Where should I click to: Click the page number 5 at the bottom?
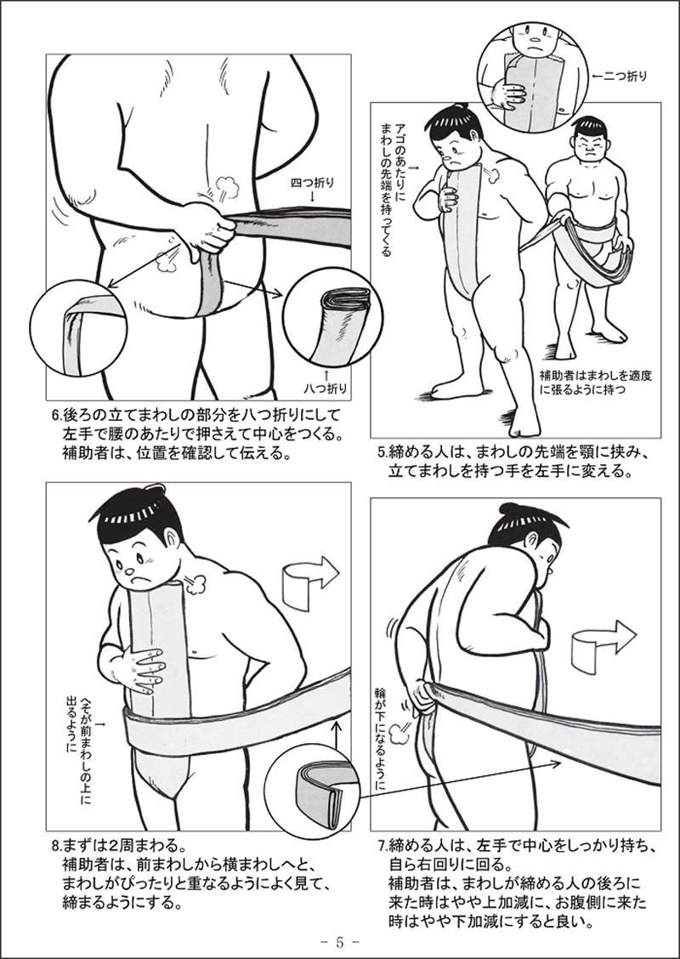click(340, 941)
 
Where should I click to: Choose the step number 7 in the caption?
click(382, 846)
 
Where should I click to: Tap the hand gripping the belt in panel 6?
click(207, 231)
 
